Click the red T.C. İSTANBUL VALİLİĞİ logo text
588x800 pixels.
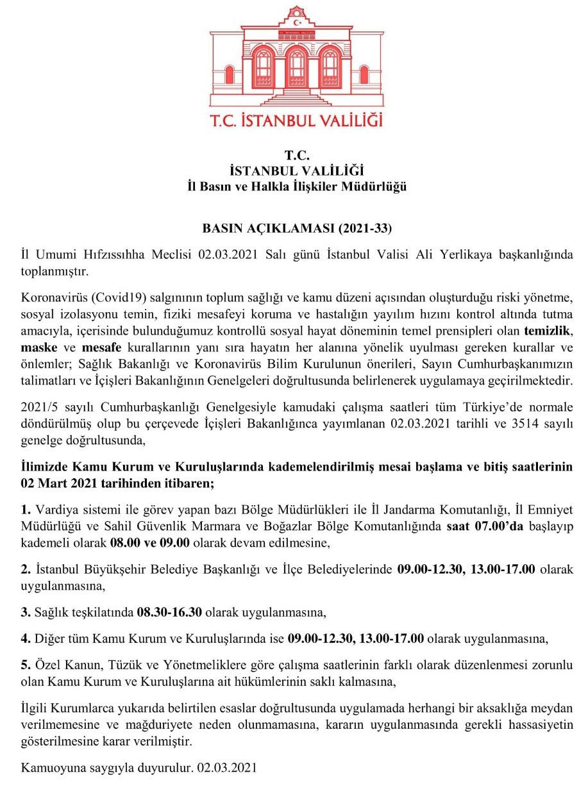tap(296, 119)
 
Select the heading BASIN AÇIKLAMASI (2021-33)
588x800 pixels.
tap(297, 228)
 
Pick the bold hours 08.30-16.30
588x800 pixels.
tap(170, 612)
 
